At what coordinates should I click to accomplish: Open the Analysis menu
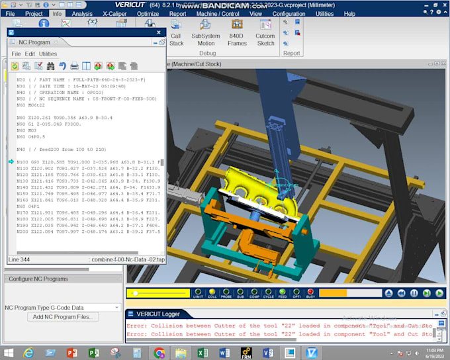tap(82, 13)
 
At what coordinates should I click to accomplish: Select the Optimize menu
tap(148, 13)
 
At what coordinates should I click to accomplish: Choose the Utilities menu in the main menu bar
tap(324, 13)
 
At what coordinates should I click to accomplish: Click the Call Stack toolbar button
tap(176, 40)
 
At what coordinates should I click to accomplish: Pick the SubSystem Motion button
tap(206, 40)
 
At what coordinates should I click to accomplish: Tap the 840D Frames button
tap(237, 40)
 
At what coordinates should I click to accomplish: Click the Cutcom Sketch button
tap(265, 40)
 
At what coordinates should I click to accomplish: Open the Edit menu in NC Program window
tap(29, 54)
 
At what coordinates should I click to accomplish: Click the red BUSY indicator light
tap(310, 292)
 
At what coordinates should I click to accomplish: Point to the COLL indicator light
tap(212, 292)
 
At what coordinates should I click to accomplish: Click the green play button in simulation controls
tap(439, 293)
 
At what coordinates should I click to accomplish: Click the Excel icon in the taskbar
tap(204, 353)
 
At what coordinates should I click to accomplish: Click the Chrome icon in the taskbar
tap(159, 353)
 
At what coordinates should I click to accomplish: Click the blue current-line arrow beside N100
tap(11, 161)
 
